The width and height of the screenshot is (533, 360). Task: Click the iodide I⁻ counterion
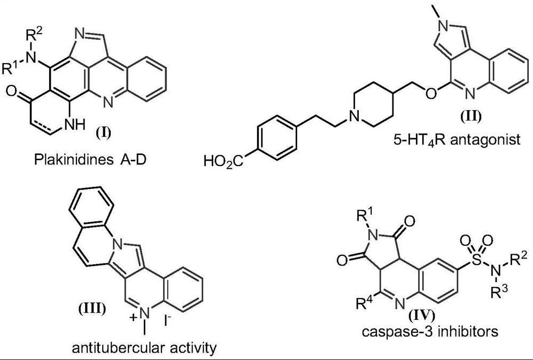coord(168,321)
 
